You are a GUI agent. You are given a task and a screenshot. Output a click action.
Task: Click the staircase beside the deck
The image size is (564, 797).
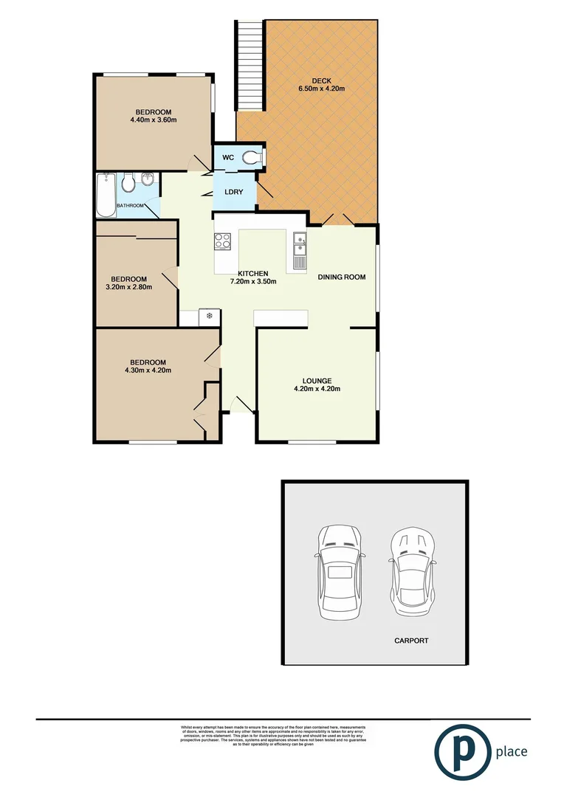click(x=251, y=65)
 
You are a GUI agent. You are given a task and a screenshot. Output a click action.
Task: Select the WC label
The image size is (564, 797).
click(x=228, y=158)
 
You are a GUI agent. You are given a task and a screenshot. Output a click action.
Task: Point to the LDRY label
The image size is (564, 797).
click(x=233, y=192)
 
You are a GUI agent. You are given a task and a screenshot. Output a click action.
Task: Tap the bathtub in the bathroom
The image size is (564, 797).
click(x=106, y=196)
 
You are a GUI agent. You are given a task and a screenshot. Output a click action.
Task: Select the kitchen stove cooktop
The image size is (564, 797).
click(x=223, y=240)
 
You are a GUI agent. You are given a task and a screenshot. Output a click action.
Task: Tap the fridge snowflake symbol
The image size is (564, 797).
click(x=210, y=317)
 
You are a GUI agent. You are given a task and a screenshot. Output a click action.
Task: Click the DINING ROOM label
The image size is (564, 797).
click(x=342, y=277)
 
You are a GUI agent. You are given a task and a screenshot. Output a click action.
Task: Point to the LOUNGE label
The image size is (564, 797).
click(x=317, y=381)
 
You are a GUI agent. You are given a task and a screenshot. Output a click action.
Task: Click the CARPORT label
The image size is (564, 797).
click(x=410, y=641)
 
